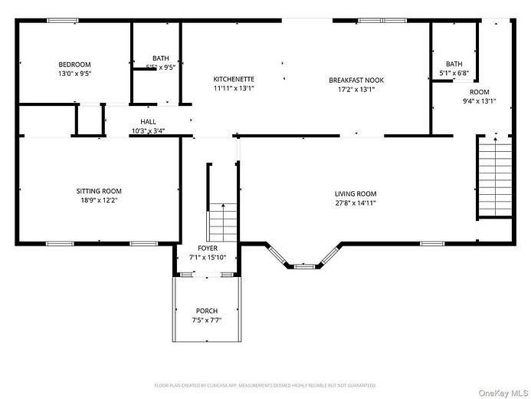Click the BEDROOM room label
pos(74,64)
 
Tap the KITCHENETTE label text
pos(234,79)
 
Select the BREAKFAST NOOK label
pos(356,80)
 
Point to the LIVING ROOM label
pos(356,193)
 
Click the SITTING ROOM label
pos(98,191)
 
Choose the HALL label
pos(148,122)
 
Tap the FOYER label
pos(208,248)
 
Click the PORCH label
pos(207,311)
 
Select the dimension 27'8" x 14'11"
pos(356,203)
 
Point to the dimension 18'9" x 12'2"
pos(98,200)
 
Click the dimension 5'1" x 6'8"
pos(454,74)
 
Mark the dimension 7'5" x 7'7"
pos(207,320)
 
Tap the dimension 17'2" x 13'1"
pos(356,89)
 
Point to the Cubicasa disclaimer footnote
pos(265,385)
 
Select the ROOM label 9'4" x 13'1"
pos(479,96)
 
